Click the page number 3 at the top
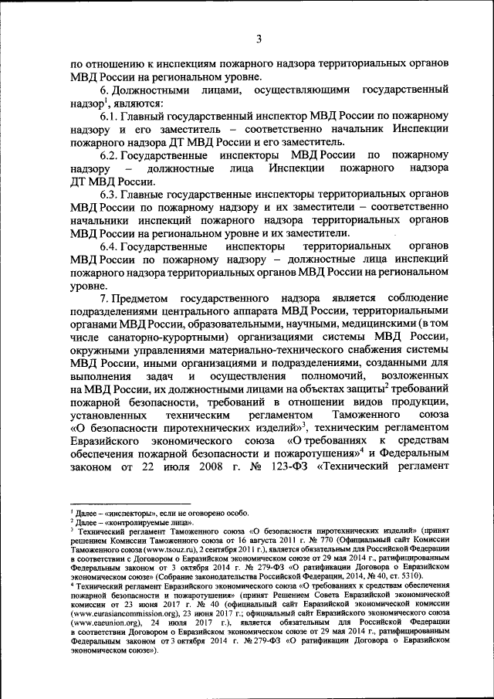click(259, 39)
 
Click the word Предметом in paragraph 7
click(145, 298)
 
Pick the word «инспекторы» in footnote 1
click(114, 513)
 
